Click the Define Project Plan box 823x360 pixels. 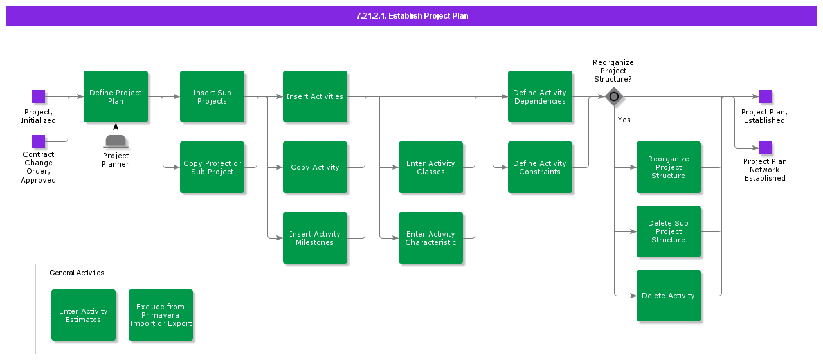[x=116, y=96]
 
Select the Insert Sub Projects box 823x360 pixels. [x=212, y=96]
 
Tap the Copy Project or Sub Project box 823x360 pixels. [x=212, y=167]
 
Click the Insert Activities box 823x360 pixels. [x=315, y=96]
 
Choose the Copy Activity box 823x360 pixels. [x=315, y=167]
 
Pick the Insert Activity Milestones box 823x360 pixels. [x=315, y=238]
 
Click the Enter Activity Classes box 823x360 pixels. [x=431, y=167]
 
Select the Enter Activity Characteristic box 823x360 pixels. [x=431, y=238]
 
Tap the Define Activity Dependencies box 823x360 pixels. [x=540, y=96]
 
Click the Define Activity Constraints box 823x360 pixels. [x=540, y=167]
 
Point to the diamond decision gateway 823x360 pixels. [x=614, y=97]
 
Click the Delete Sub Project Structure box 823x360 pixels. [x=669, y=231]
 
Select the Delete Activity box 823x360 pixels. [x=669, y=296]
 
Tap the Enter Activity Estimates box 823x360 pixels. [x=84, y=315]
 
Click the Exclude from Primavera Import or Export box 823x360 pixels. [x=161, y=315]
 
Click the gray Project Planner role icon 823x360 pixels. [x=116, y=141]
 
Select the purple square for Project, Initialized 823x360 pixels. [x=39, y=96]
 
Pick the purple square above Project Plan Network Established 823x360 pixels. [x=765, y=148]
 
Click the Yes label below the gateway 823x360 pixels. [x=624, y=120]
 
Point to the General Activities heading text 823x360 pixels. [x=77, y=273]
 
